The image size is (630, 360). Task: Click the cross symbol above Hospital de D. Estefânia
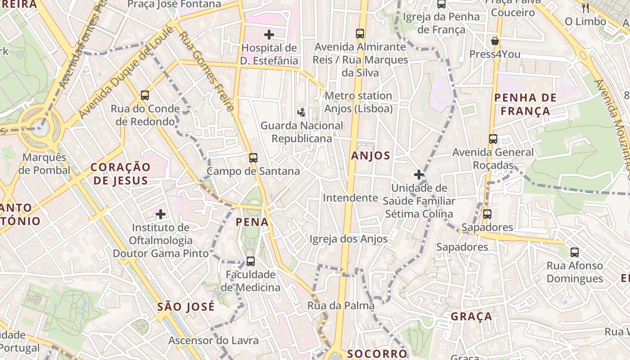coord(269,35)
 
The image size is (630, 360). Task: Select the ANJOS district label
coord(377,156)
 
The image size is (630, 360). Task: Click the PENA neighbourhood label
coord(252,222)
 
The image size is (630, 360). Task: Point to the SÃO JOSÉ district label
coord(186,307)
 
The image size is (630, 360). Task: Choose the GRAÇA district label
coord(472,316)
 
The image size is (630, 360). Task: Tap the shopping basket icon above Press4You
coord(495,41)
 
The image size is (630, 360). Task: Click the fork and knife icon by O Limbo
coord(585,8)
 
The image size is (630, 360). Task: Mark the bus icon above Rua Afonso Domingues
coord(575,252)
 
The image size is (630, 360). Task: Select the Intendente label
coord(350,198)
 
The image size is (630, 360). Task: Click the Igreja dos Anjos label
coord(348,239)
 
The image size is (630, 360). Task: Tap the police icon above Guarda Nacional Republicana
coord(301,112)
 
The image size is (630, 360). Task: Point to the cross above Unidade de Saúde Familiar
coord(419,175)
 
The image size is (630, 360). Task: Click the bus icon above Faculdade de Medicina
coord(251,261)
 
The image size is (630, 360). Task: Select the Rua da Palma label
coord(341,306)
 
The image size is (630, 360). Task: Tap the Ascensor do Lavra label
coord(213,340)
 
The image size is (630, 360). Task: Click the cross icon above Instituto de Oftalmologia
coord(161,214)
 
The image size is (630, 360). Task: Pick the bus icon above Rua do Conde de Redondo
coord(144,95)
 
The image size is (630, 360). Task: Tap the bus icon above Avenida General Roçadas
coord(493,139)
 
